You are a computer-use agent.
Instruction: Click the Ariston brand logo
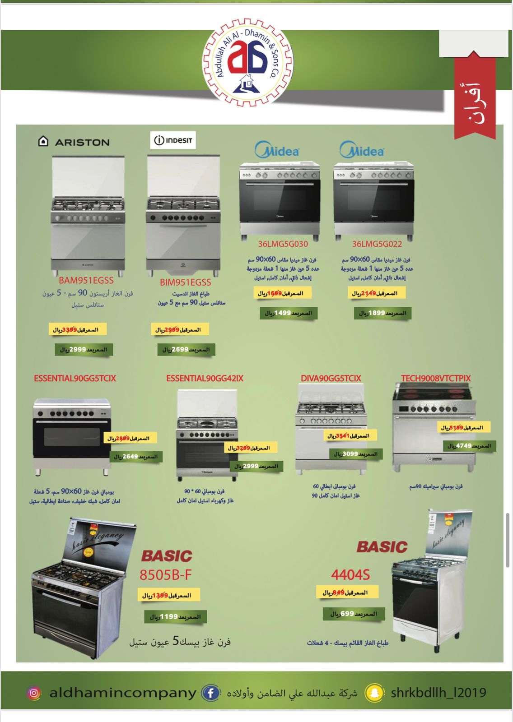74,142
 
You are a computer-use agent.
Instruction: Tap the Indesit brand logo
173,140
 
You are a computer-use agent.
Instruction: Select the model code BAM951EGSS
86,280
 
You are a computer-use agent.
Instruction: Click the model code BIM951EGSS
185,282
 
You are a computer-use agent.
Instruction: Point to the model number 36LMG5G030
283,244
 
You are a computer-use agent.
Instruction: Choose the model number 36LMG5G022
377,244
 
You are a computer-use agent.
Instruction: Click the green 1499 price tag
288,313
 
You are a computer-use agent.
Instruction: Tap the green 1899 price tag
382,313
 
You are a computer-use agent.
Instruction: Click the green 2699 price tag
186,350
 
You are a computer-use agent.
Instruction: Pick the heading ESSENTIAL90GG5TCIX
75,379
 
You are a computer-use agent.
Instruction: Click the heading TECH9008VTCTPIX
436,378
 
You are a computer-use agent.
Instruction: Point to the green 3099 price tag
356,454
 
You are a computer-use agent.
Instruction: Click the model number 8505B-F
166,575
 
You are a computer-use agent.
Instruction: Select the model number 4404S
350,575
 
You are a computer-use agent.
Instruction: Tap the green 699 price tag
354,614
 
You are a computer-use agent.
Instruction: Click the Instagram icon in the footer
34,693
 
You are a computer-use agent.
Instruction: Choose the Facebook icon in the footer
210,693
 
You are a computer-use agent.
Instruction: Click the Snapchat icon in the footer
375,693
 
